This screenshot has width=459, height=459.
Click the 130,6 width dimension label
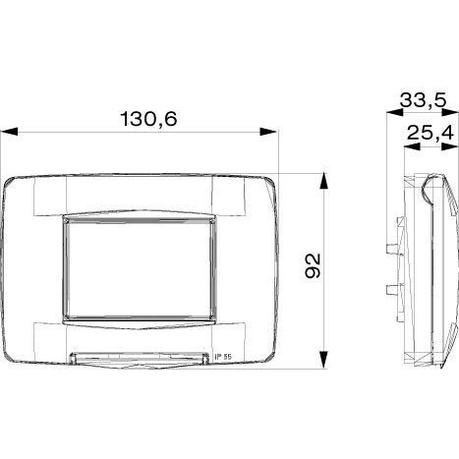[149, 119]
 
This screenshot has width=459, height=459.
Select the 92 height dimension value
[313, 265]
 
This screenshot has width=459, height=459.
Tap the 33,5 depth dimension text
[424, 100]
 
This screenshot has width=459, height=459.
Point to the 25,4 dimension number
[430, 133]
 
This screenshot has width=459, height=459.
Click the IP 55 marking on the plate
[223, 357]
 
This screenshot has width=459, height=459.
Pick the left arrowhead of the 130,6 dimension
[9, 132]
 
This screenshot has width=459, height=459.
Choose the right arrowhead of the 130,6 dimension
[268, 132]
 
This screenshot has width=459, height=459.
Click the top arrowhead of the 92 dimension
[323, 181]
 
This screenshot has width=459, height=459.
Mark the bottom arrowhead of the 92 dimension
[323, 360]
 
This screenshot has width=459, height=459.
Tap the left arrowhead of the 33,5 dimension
[395, 112]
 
